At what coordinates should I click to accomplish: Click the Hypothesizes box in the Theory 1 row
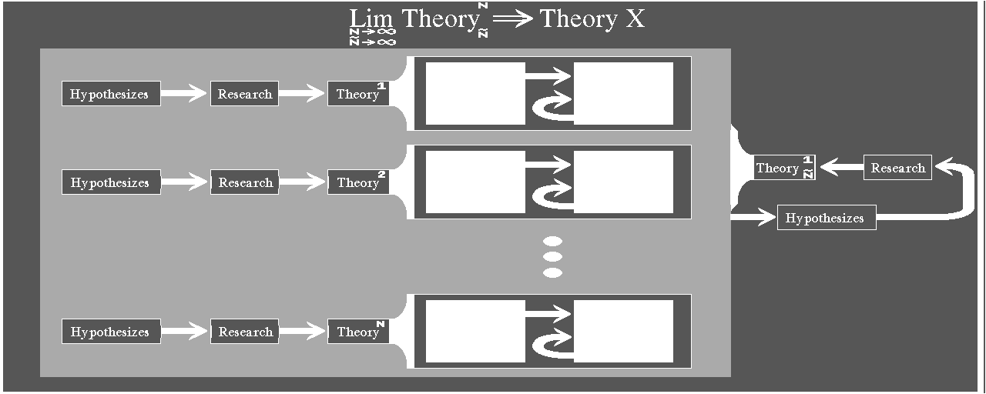click(x=111, y=94)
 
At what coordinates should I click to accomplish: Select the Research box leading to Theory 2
click(x=244, y=182)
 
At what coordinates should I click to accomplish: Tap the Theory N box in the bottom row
click(x=359, y=332)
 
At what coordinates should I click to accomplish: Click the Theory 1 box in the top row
click(x=359, y=94)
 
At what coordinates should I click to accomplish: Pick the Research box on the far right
click(x=897, y=168)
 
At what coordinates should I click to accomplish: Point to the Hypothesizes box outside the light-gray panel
click(x=826, y=218)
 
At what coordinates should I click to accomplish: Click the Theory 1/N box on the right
click(x=783, y=168)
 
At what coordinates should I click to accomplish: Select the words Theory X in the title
click(x=592, y=19)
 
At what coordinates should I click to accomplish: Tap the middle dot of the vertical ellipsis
click(x=552, y=257)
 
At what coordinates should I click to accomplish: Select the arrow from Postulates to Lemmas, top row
click(x=548, y=76)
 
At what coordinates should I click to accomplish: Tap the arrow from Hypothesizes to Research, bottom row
click(x=185, y=332)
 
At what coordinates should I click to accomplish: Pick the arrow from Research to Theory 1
click(x=302, y=94)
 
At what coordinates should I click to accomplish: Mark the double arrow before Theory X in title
click(x=511, y=19)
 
